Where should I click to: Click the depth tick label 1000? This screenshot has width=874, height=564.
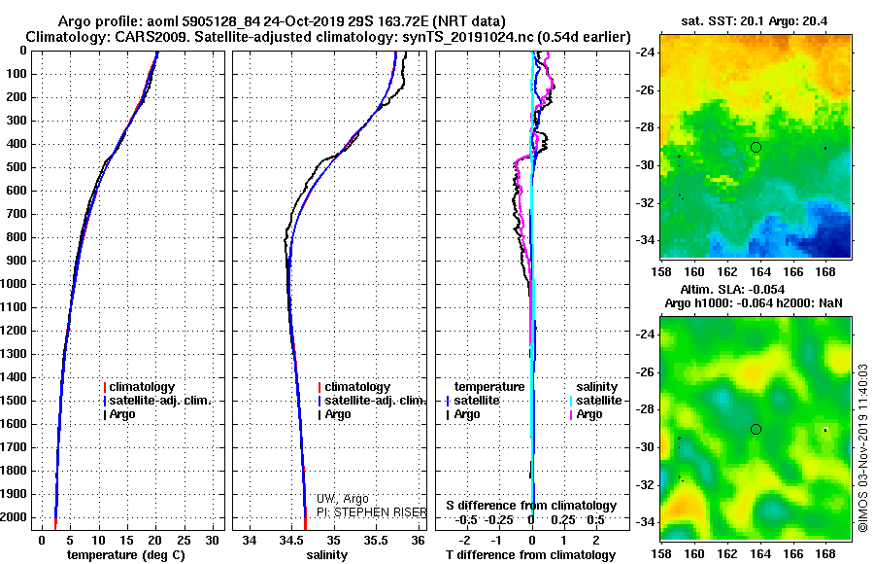click(14, 284)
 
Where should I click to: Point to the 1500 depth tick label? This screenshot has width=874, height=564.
click(14, 401)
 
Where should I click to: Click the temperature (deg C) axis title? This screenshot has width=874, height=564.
click(126, 555)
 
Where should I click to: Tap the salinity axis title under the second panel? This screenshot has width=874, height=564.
click(326, 555)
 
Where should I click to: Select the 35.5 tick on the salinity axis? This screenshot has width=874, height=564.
click(375, 541)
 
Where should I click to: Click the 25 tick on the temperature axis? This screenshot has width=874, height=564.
click(184, 541)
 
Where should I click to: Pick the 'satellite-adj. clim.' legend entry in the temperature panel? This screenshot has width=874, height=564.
click(157, 401)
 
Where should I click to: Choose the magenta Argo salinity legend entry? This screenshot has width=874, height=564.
click(586, 414)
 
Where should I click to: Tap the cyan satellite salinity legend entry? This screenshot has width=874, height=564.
click(595, 401)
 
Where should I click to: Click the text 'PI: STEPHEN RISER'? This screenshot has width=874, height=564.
click(372, 512)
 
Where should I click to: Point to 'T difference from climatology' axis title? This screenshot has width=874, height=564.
click(530, 555)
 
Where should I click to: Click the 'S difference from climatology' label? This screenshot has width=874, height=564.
click(531, 506)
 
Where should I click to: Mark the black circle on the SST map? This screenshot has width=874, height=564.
click(756, 148)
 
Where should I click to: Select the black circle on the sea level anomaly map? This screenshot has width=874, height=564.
click(756, 430)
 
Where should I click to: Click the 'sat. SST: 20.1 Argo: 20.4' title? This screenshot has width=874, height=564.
click(755, 21)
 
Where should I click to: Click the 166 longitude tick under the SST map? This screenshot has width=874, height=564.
click(792, 272)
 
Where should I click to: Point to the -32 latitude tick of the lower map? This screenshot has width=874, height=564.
click(645, 484)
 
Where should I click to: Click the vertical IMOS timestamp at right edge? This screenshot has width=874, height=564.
click(863, 448)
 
